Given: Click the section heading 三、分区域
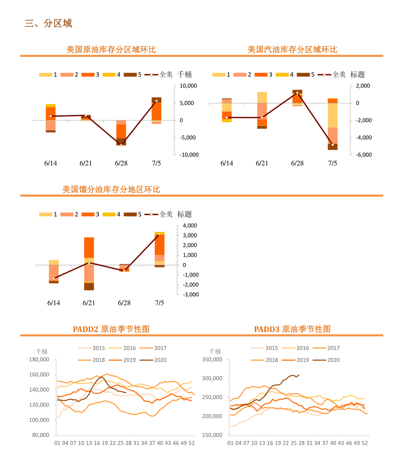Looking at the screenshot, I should coord(48,24).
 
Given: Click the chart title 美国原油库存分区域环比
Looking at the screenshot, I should coord(111,49).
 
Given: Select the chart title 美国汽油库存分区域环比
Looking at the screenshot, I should coord(292,49).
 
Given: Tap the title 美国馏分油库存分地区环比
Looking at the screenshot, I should coord(111,189).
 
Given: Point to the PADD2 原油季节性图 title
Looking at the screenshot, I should coord(111,329).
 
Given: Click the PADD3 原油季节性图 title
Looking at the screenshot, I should coord(292,329).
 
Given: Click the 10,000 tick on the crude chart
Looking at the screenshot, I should coord(188,86).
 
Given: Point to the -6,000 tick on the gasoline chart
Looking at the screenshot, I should coord(363,155).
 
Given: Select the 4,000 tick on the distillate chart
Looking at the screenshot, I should coord(190,225).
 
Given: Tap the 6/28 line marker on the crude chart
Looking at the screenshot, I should coord(121,145).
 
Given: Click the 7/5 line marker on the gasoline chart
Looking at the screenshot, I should coord(333,145).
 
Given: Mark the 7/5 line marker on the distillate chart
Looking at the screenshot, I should coord(159,234).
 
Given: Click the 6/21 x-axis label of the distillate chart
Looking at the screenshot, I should coord(89,303).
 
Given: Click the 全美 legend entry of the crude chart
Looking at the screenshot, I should coord(159,75).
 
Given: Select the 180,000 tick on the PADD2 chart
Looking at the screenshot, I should coord(39,359).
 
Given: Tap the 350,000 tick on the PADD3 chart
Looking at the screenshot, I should coord(212,359).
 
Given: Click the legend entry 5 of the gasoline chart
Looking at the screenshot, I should coord(306,75).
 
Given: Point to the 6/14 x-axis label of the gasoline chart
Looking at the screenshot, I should coord(227,163).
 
